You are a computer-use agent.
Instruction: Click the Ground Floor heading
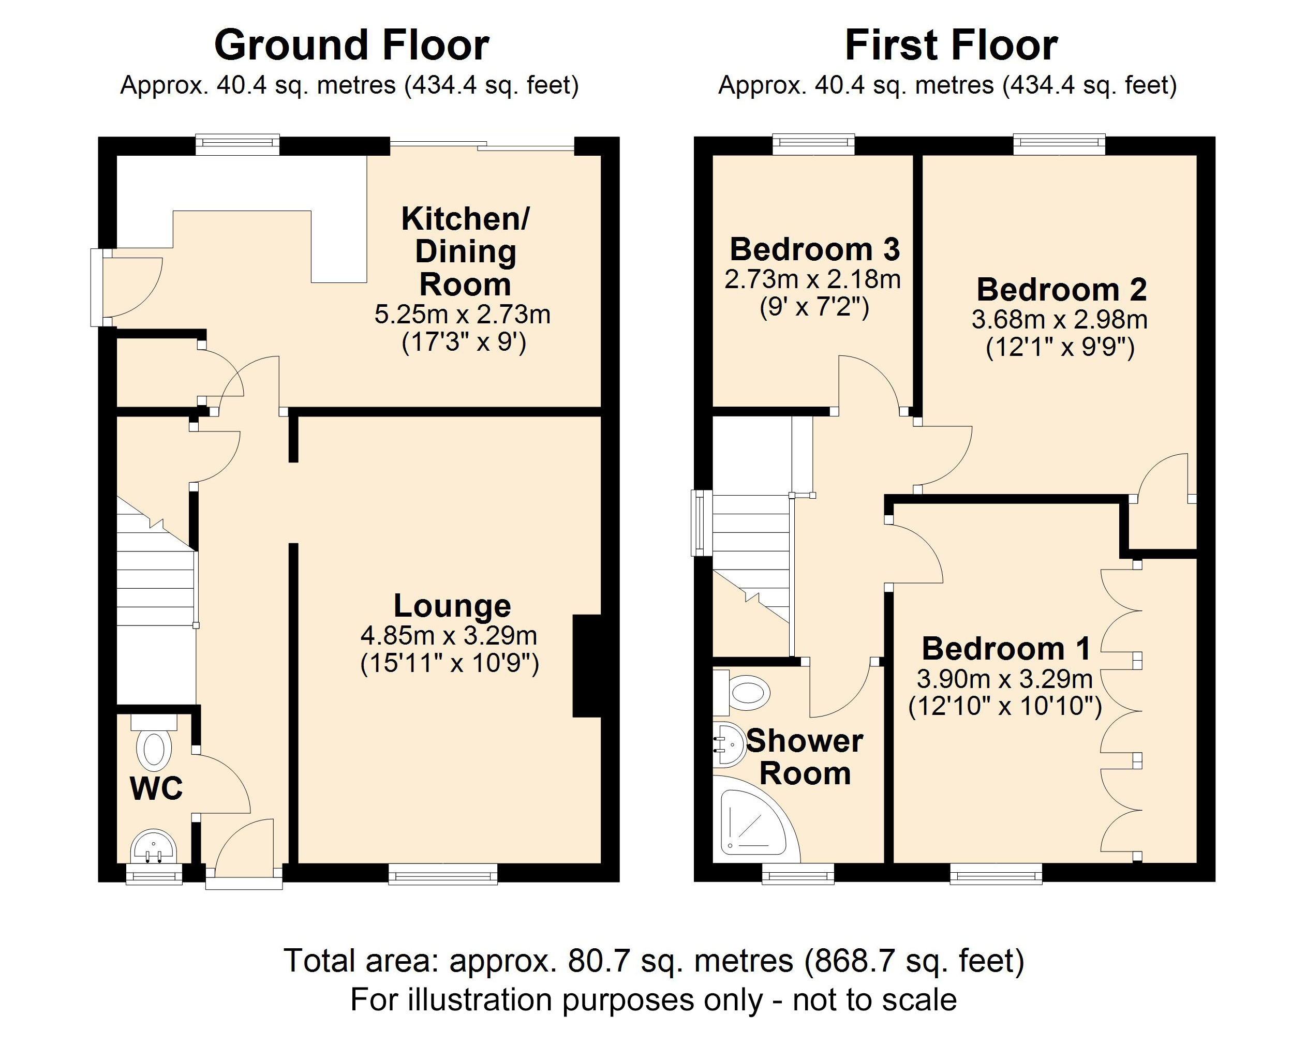pos(351,46)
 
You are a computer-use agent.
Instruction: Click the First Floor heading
pos(951,46)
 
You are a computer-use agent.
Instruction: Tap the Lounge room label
pos(452,605)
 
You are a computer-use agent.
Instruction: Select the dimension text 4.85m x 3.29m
pos(449,635)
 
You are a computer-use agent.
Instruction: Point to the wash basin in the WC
pos(154,847)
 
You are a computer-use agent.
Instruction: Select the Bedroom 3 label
pos(815,249)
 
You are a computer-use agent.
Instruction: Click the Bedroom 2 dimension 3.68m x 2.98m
pos(1060,319)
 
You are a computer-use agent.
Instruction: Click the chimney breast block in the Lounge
pos(586,666)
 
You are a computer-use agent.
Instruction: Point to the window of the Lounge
pos(443,874)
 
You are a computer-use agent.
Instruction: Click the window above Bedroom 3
pos(813,144)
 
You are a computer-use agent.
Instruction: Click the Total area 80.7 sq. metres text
pos(654,960)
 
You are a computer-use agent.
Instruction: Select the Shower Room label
pos(805,757)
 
